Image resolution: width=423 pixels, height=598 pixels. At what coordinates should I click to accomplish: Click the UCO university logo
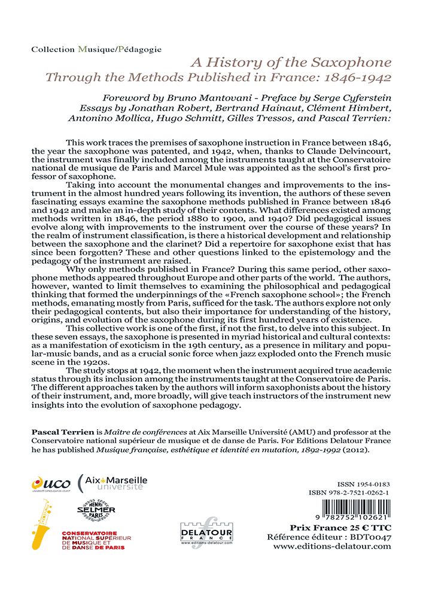coord(51,483)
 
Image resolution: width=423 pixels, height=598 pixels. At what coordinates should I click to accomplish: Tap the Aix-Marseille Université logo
coord(112,483)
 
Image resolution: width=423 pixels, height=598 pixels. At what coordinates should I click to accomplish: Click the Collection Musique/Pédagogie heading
coord(96,49)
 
